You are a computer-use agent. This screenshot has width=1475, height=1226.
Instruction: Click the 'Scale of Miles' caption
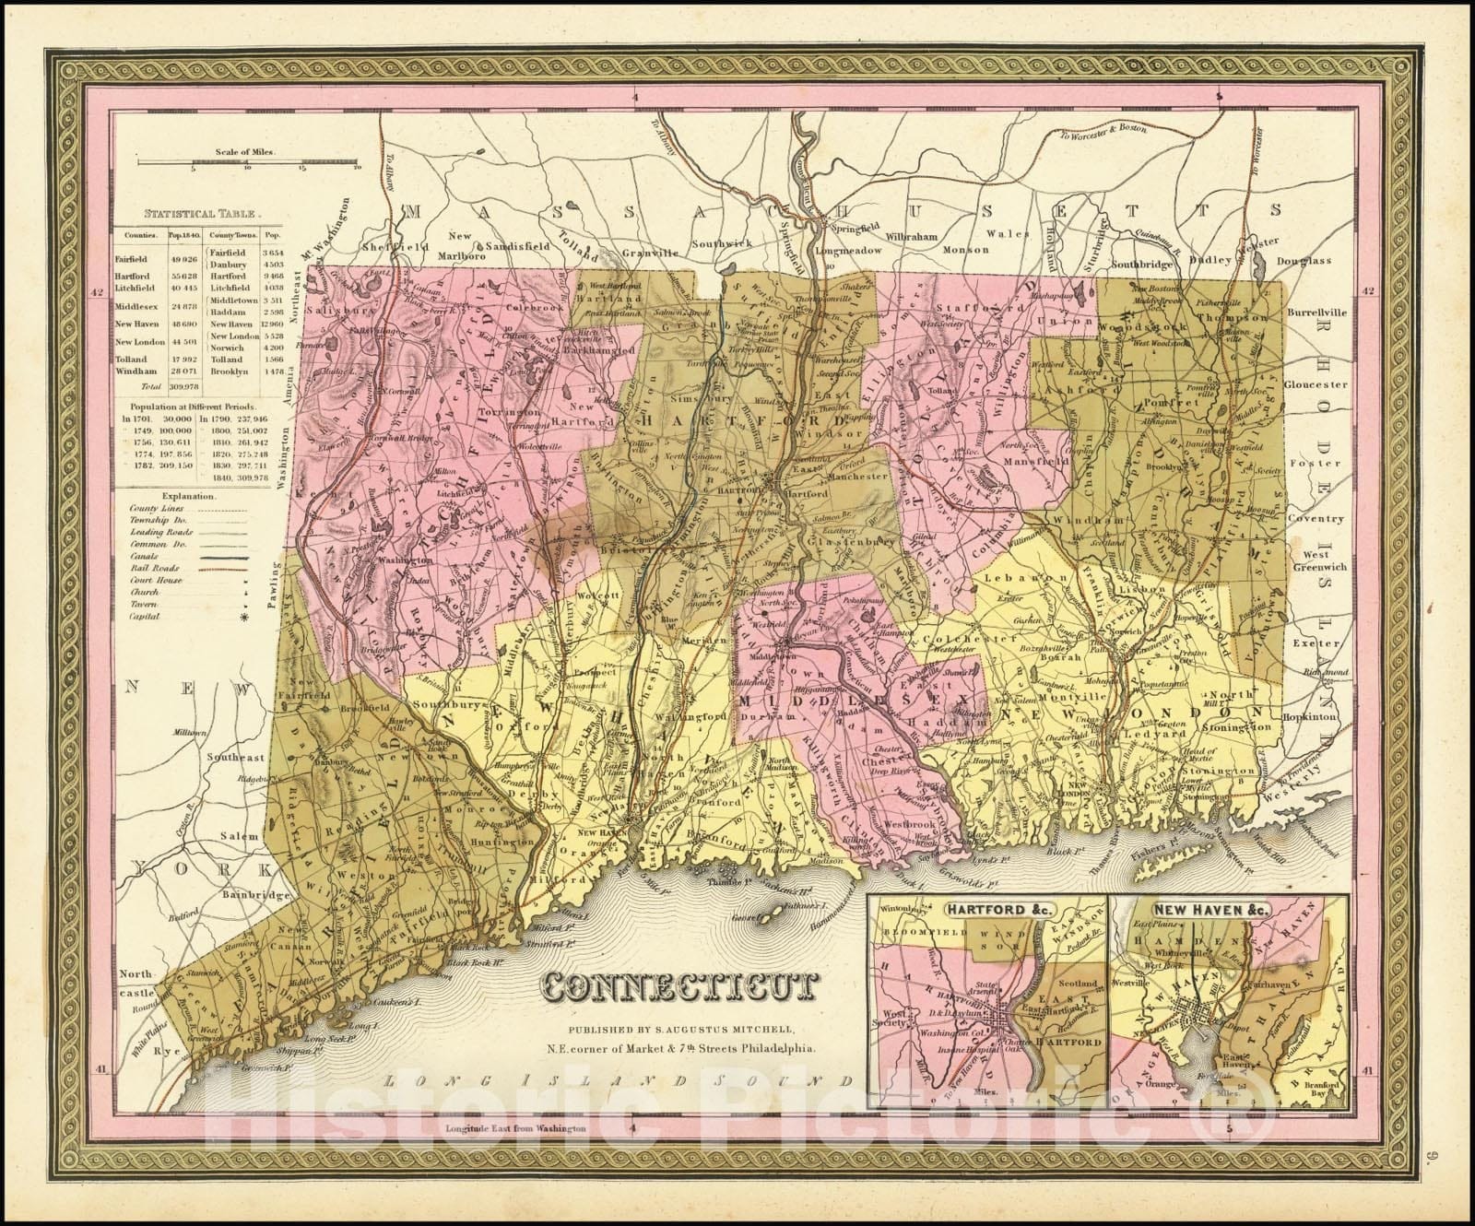tap(247, 151)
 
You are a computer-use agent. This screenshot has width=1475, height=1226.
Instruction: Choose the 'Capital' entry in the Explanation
tap(146, 617)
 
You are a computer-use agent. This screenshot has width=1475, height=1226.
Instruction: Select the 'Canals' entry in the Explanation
tap(145, 557)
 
